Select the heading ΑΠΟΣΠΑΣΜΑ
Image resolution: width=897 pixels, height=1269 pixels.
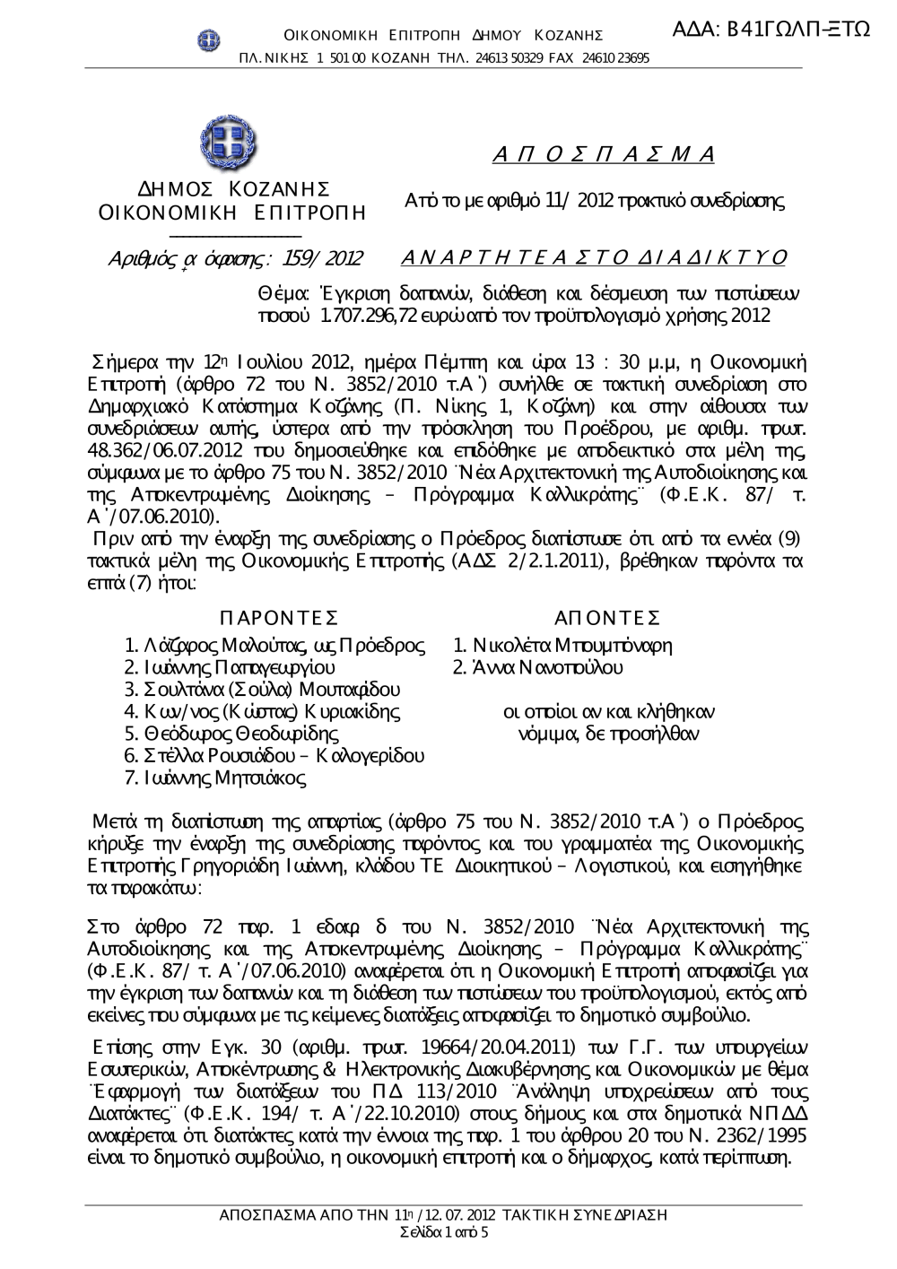604,153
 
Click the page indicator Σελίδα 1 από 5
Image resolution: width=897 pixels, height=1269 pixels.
444,1232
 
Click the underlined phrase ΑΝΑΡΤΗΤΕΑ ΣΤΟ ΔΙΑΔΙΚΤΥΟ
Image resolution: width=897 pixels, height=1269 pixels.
595,258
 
